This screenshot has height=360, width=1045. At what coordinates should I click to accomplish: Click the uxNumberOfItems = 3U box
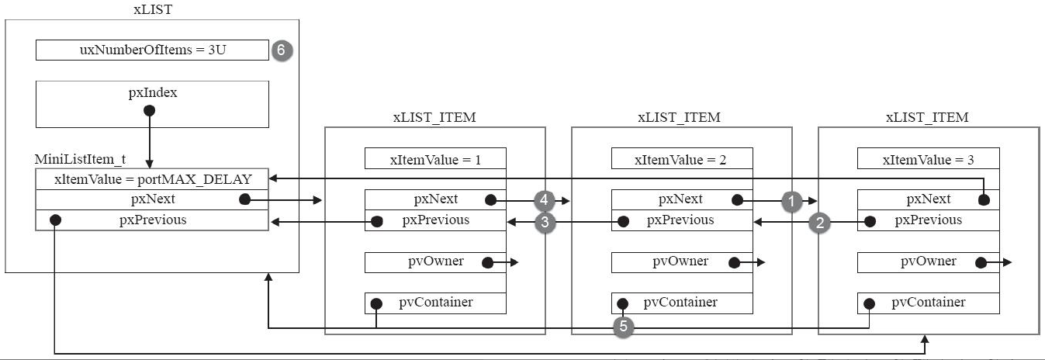[x=152, y=50]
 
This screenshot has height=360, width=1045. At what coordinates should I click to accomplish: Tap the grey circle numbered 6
[x=282, y=50]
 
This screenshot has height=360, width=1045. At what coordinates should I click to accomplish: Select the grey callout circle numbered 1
[x=791, y=202]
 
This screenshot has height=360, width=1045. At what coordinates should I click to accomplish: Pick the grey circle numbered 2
[x=820, y=223]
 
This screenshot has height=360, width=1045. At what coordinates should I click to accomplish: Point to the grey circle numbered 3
[x=545, y=222]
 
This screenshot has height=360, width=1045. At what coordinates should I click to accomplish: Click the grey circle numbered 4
[x=544, y=200]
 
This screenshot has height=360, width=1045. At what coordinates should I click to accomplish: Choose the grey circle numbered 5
[x=624, y=327]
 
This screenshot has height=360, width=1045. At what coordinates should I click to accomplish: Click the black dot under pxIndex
[x=149, y=110]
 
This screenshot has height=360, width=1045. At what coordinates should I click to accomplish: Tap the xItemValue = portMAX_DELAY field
[x=152, y=179]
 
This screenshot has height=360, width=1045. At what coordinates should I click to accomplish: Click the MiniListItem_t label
[x=80, y=160]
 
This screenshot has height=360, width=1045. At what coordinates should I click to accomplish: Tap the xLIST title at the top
[x=153, y=9]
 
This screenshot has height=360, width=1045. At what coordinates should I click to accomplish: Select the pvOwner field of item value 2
[x=682, y=262]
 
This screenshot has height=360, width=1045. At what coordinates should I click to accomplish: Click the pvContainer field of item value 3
[x=929, y=303]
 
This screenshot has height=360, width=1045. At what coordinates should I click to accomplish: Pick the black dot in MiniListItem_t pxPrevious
[x=56, y=220]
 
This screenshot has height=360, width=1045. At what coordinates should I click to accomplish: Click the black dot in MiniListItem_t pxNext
[x=245, y=199]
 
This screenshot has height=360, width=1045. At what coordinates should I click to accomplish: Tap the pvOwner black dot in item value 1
[x=487, y=262]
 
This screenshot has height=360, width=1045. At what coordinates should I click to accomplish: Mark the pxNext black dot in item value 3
[x=984, y=200]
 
